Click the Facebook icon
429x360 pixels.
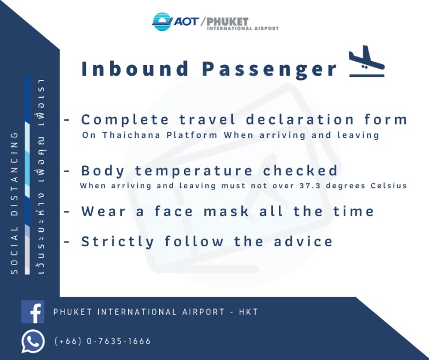(33, 312)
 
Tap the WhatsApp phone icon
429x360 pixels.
(33, 341)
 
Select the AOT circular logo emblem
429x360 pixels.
(162, 21)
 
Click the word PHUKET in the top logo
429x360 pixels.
(227, 21)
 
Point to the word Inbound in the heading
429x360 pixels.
(135, 69)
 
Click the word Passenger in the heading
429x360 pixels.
(270, 70)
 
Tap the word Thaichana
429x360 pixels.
(131, 135)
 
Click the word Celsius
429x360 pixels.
(389, 186)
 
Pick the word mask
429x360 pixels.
(226, 211)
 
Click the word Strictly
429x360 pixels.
(117, 242)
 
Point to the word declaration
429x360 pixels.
(300, 120)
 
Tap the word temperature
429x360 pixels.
(194, 171)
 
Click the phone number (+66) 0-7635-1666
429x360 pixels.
(102, 341)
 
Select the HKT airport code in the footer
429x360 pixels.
(248, 312)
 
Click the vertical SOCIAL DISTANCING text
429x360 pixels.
(14, 203)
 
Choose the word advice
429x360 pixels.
(303, 241)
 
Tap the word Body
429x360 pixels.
(103, 171)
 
